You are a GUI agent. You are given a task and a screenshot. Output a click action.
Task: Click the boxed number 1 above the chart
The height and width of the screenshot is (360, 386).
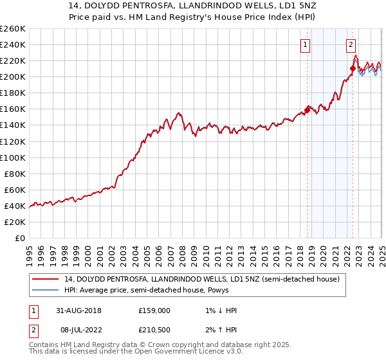tap(305, 45)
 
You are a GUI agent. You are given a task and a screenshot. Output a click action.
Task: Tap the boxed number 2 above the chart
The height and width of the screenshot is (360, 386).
tap(351, 45)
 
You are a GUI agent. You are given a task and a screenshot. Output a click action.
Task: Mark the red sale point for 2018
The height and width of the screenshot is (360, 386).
tap(307, 110)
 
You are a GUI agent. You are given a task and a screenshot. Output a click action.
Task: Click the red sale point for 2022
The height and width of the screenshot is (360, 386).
tap(353, 68)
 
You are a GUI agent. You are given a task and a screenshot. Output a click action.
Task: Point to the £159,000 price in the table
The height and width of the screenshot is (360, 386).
tap(154, 310)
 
